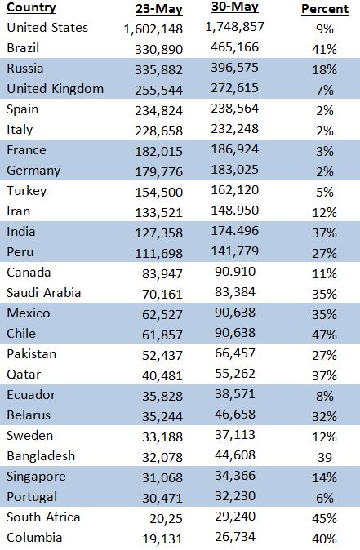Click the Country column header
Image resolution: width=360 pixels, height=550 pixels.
click(31, 7)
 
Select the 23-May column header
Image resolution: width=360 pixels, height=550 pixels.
click(159, 9)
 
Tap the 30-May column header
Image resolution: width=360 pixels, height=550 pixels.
click(235, 7)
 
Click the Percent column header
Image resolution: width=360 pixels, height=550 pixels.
click(325, 9)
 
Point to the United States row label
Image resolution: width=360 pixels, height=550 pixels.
click(47, 28)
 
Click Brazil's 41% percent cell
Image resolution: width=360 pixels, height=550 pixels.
click(325, 49)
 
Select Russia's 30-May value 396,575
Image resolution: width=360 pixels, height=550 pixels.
click(235, 68)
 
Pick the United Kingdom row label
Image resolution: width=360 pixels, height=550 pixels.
click(55, 89)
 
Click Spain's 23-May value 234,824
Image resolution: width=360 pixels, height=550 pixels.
click(159, 110)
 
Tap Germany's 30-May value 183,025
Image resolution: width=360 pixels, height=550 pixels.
click(235, 170)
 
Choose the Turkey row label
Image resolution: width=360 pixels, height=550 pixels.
click(27, 191)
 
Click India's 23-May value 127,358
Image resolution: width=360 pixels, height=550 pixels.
click(159, 233)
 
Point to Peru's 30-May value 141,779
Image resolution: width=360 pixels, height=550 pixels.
click(235, 251)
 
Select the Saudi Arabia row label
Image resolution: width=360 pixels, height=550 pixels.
click(44, 292)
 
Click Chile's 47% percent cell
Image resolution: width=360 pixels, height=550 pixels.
click(325, 335)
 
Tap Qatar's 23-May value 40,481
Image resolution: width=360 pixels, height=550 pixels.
click(162, 375)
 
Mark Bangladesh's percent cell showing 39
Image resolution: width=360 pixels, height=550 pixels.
click(325, 457)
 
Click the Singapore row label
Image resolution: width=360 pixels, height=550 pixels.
click(36, 477)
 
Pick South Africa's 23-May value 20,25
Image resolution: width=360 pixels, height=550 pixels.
click(167, 518)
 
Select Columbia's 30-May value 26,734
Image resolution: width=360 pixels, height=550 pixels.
click(235, 537)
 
